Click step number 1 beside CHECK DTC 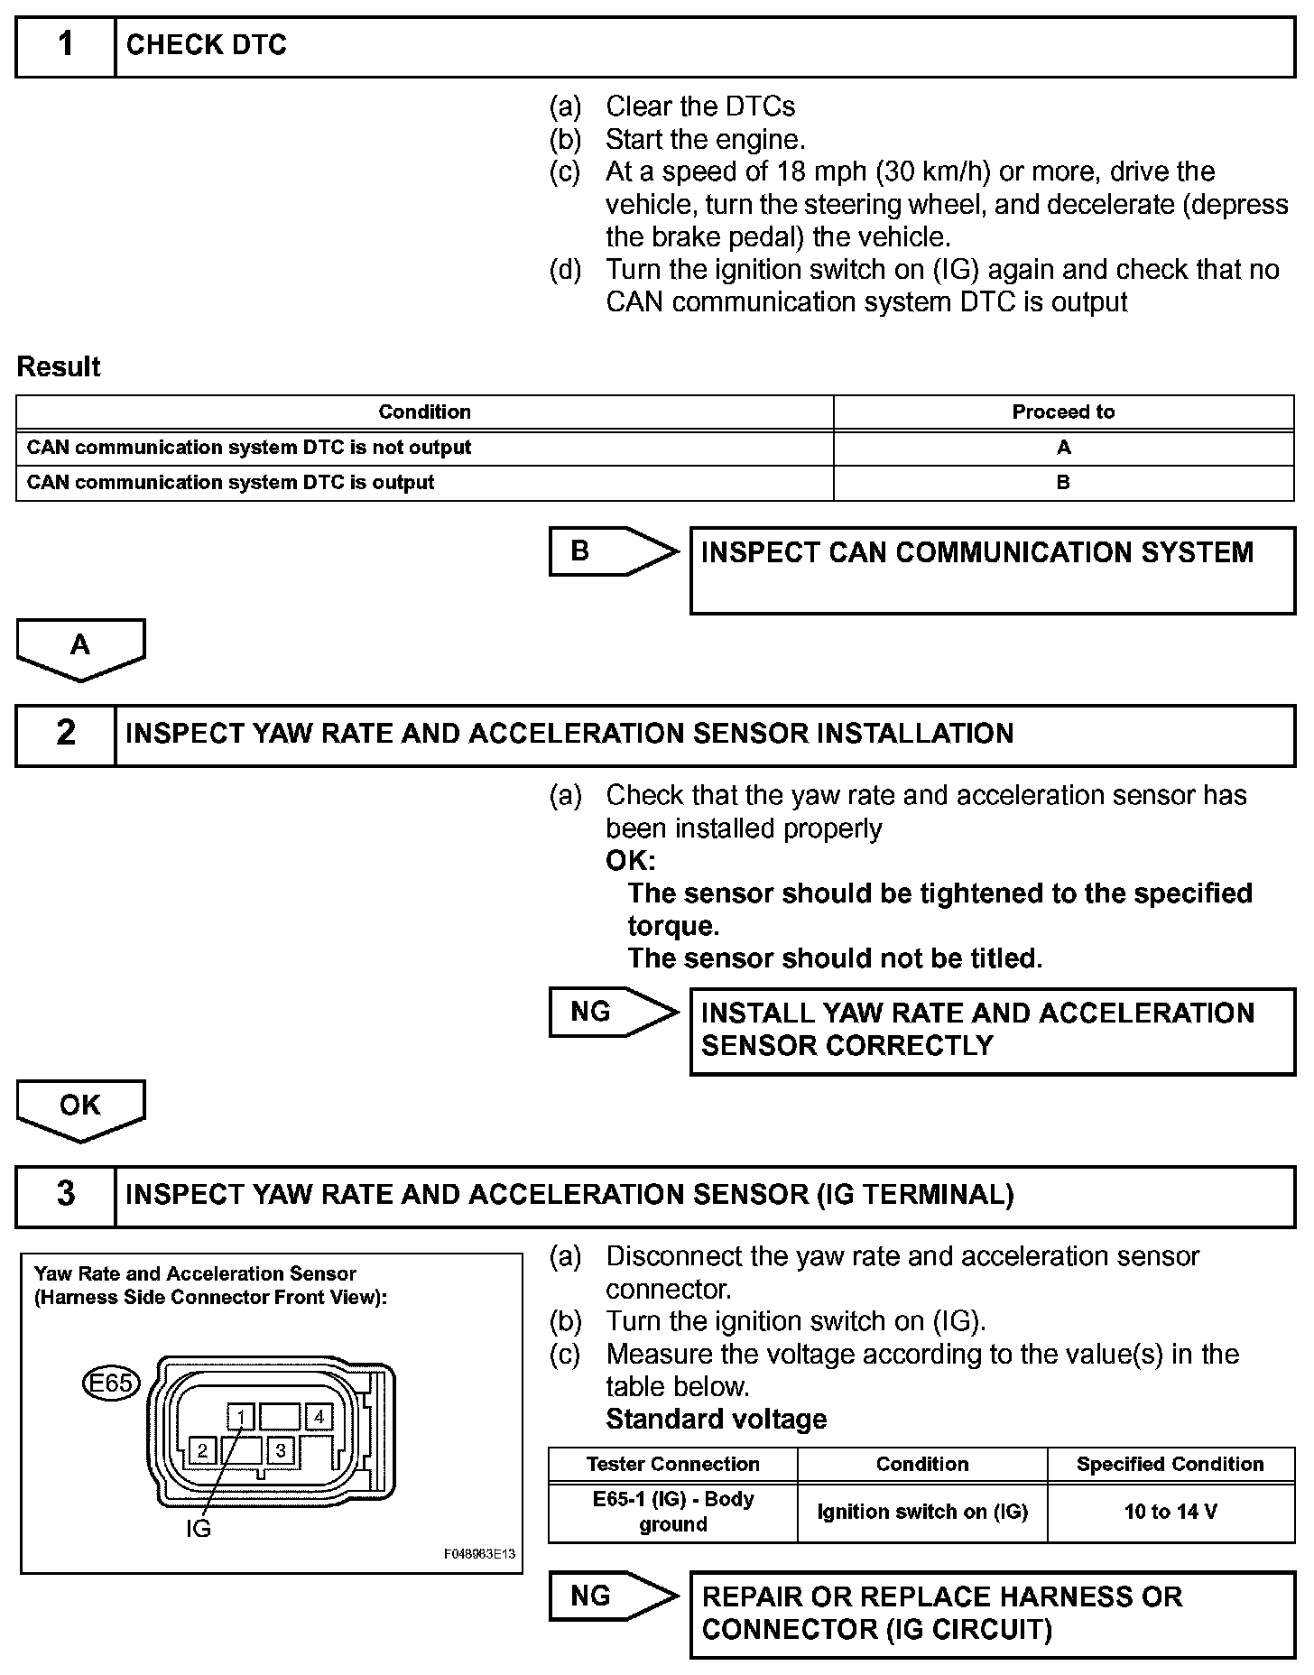[66, 46]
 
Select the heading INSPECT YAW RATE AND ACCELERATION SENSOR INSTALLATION [569, 734]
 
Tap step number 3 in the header [66, 1195]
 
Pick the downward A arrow [80, 648]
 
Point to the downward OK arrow [80, 1108]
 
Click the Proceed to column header [1063, 412]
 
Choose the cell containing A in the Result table [1063, 448]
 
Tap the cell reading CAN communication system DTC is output [424, 483]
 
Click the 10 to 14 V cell [1171, 1512]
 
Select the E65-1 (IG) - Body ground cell [673, 1512]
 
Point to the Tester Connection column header [673, 1465]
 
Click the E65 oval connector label [111, 1383]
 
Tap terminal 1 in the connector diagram [241, 1417]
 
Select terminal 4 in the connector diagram [319, 1417]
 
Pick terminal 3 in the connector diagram [281, 1450]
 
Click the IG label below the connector [198, 1529]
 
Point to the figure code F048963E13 [479, 1554]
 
